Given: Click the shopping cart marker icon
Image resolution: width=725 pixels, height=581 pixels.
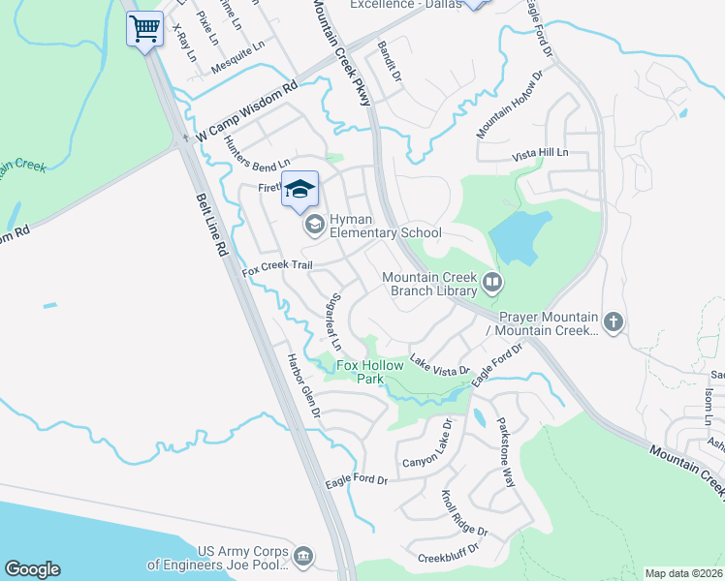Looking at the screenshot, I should (144, 28).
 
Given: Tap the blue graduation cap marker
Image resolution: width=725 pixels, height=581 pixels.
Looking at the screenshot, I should (300, 189).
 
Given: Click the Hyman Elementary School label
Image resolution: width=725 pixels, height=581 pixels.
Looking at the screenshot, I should (386, 226).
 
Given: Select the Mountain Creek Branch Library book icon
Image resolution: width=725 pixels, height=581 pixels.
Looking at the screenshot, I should (492, 284).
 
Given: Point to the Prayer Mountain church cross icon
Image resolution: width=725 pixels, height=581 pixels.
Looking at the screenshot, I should (612, 322).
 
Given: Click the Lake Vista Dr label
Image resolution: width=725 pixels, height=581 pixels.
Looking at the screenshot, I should (439, 364).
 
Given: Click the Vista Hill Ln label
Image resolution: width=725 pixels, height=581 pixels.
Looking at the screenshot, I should (539, 153).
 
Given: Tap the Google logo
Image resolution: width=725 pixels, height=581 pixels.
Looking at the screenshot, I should (32, 568).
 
